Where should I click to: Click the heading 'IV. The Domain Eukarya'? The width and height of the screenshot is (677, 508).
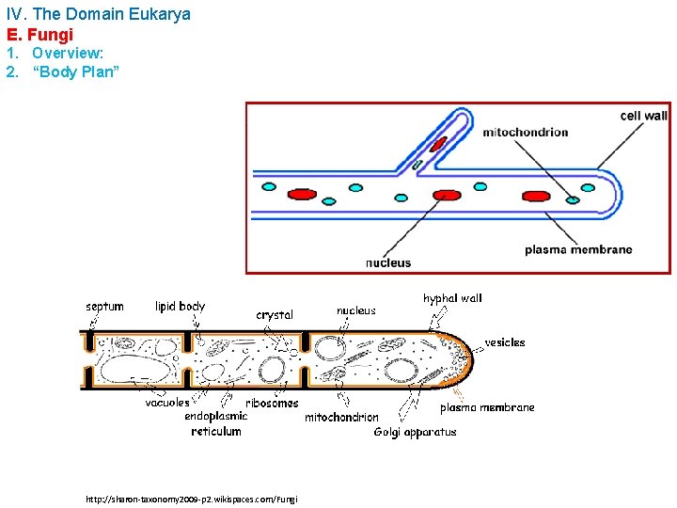click(x=98, y=14)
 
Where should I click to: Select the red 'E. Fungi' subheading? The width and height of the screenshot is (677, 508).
click(x=39, y=35)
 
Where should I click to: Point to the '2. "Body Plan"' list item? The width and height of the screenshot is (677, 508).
click(x=63, y=72)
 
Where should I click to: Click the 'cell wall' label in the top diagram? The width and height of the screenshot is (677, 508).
click(x=643, y=116)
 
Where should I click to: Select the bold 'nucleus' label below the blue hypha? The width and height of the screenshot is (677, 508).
click(x=388, y=262)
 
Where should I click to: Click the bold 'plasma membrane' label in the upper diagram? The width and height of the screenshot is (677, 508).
click(x=578, y=249)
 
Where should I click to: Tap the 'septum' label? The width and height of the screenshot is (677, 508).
click(x=104, y=306)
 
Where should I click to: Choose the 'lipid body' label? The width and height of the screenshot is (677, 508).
click(x=180, y=306)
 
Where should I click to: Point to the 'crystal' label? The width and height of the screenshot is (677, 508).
click(x=275, y=315)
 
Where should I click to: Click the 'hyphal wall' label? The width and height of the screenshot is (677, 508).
click(x=452, y=298)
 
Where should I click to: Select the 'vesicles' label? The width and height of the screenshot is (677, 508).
click(x=505, y=342)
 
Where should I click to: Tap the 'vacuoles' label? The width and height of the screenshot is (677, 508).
click(x=167, y=403)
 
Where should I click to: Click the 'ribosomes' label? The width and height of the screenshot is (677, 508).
click(x=272, y=403)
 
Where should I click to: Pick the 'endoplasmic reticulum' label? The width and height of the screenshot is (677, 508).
click(x=216, y=423)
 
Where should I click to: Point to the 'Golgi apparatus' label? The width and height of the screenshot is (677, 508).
click(x=415, y=432)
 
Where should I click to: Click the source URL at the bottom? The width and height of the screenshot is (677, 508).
click(x=191, y=500)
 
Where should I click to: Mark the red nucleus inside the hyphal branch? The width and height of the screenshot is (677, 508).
click(x=438, y=144)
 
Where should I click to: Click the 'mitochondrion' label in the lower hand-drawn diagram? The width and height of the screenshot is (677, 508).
click(x=341, y=417)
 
